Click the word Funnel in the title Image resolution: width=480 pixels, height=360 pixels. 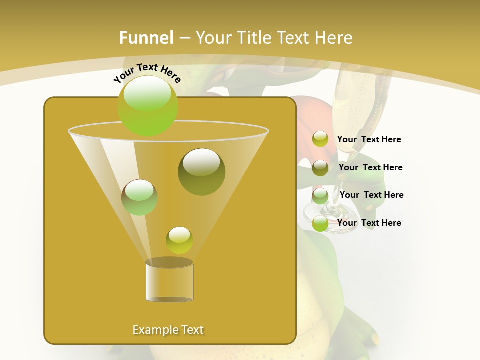(146, 38)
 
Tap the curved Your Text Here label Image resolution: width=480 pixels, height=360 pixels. (147, 73)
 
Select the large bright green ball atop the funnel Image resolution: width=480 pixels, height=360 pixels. (148, 105)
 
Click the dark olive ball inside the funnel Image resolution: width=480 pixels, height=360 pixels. (201, 172)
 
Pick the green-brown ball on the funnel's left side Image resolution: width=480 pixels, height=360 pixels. (139, 197)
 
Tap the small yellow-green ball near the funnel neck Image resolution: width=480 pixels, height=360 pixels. (179, 240)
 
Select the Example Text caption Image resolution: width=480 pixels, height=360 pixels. (168, 330)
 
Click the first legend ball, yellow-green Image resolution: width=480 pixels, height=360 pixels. (320, 139)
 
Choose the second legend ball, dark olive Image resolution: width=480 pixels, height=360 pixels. (320, 168)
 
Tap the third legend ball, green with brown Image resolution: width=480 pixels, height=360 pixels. (320, 196)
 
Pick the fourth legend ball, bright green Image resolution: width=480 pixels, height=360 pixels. (320, 224)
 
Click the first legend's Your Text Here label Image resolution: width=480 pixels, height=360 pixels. (369, 139)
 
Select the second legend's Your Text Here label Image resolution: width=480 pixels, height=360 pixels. (370, 167)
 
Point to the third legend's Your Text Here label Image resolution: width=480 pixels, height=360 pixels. (371, 195)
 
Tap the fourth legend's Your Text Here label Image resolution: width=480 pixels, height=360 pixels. (369, 223)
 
